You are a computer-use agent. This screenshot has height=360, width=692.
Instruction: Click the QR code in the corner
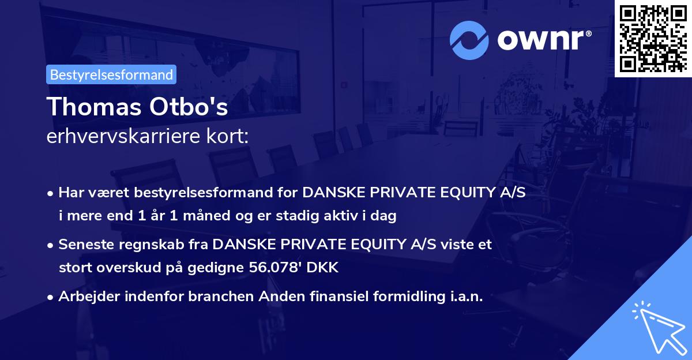[x=653, y=39]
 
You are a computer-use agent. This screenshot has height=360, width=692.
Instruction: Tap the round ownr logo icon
[x=469, y=39]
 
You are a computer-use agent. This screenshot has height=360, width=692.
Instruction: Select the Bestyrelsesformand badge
[x=111, y=74]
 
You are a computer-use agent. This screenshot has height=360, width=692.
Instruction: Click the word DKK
[x=326, y=267]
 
